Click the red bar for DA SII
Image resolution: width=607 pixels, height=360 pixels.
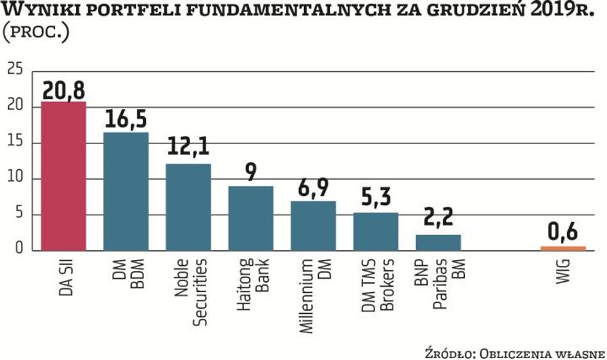63,176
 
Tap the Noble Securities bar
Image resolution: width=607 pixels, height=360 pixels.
188,206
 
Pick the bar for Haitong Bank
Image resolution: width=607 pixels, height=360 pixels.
250,218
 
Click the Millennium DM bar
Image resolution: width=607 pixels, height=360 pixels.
313,225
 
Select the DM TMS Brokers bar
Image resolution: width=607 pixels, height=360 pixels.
375,231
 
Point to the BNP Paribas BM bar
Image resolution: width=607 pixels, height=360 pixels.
438,242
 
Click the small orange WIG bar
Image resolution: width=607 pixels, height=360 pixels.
563,248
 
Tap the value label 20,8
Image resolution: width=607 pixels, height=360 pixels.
63,90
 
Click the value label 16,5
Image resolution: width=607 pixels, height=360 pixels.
125,120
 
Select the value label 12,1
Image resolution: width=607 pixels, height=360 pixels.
188,151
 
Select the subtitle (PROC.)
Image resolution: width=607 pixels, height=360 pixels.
35,32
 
